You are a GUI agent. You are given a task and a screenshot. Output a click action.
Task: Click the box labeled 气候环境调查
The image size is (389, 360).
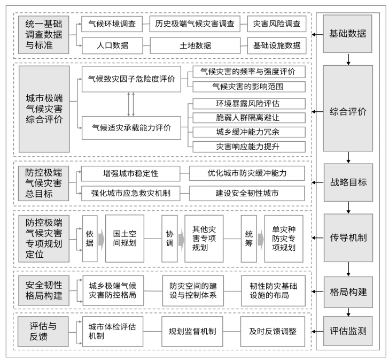(112, 24)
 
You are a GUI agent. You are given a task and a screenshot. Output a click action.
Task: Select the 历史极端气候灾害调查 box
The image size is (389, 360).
(194, 24)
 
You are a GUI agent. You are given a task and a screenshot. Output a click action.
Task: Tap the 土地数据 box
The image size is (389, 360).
(195, 45)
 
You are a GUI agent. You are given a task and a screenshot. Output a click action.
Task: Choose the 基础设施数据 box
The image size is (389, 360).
(277, 45)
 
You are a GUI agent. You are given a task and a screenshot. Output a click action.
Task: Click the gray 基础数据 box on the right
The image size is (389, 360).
(347, 34)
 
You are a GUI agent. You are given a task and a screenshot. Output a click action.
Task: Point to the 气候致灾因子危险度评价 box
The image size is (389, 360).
(131, 79)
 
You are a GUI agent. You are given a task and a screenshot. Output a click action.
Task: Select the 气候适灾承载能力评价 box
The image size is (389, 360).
(131, 128)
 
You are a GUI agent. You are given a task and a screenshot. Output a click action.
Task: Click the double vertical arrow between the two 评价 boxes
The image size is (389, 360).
(131, 104)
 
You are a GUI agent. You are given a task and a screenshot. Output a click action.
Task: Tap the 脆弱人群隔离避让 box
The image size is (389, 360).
(249, 118)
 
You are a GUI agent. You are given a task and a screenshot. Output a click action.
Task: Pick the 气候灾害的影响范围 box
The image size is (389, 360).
(249, 87)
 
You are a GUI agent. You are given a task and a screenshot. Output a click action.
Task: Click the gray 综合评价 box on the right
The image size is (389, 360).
(348, 108)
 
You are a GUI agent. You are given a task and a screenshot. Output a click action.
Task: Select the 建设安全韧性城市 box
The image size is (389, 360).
(247, 193)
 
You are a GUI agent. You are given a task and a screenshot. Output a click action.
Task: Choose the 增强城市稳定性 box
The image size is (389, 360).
(130, 173)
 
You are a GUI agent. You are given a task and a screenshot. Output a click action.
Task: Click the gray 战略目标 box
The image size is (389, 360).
(348, 182)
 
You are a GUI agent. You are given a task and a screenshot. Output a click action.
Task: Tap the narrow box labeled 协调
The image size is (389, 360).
(169, 239)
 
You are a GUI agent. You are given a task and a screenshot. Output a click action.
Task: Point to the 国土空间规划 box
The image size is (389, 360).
(125, 239)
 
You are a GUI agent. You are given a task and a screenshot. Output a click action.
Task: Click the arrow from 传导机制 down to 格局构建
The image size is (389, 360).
(348, 269)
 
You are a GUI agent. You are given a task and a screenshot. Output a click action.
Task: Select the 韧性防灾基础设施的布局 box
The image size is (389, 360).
(273, 291)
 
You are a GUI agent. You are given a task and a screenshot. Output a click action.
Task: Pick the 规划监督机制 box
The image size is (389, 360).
(192, 332)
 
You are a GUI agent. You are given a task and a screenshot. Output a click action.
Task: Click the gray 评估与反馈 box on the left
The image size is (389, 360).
(43, 332)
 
